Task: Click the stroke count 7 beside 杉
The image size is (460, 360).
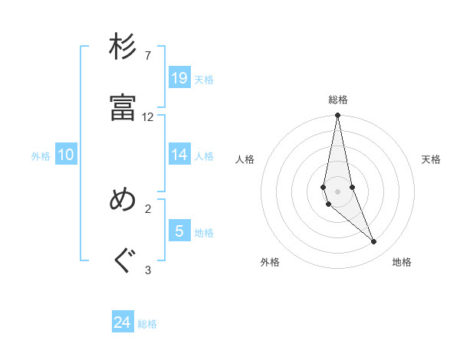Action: pyautogui.click(x=147, y=56)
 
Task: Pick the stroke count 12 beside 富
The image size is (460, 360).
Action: pyautogui.click(x=147, y=117)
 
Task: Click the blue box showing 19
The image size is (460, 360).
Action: pyautogui.click(x=179, y=77)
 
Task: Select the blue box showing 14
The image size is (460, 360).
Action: pyautogui.click(x=179, y=154)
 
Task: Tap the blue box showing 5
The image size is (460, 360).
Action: pyautogui.click(x=179, y=231)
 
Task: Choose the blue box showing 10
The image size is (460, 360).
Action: pyautogui.click(x=66, y=154)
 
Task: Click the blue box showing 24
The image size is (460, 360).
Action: pyautogui.click(x=123, y=322)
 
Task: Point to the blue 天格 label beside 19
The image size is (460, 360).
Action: pyautogui.click(x=204, y=79)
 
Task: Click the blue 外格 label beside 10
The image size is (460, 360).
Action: pyautogui.click(x=41, y=155)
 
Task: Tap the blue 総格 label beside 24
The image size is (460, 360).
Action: pyautogui.click(x=147, y=324)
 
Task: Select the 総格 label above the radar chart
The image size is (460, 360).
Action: pyautogui.click(x=338, y=100)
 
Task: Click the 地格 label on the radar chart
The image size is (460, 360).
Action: pyautogui.click(x=402, y=262)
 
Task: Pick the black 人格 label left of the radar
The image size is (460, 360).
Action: pyautogui.click(x=245, y=159)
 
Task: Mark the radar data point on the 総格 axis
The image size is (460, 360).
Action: pyautogui.click(x=337, y=116)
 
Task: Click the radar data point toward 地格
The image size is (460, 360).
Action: pyautogui.click(x=374, y=242)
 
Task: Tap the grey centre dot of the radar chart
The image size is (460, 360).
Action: pyautogui.click(x=337, y=191)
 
